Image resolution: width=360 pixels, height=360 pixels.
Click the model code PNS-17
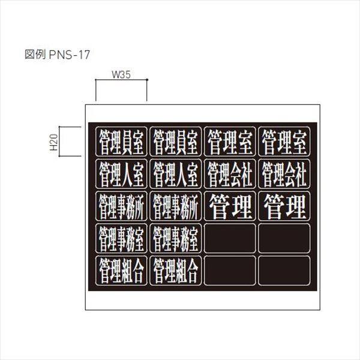click(x=70, y=55)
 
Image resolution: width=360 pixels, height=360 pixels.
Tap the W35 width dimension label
click(x=121, y=74)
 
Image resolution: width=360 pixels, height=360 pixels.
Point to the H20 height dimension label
click(x=54, y=142)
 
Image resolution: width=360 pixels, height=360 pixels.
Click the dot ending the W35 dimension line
click(x=147, y=80)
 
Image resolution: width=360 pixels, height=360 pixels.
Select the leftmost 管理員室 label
click(x=121, y=142)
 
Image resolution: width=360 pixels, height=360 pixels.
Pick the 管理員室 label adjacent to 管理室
click(x=175, y=142)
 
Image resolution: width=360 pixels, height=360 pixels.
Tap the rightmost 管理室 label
click(x=284, y=142)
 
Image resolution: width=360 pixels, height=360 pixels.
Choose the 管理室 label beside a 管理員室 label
click(x=230, y=142)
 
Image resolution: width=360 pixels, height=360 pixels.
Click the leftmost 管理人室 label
click(x=121, y=174)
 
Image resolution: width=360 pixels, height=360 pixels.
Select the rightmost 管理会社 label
click(x=284, y=174)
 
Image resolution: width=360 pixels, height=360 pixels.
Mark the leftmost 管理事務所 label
click(x=121, y=206)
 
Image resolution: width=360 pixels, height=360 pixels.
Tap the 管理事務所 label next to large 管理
click(x=175, y=206)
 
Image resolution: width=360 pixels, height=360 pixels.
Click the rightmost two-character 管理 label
click(x=284, y=206)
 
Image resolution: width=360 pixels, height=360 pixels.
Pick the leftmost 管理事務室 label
click(x=121, y=238)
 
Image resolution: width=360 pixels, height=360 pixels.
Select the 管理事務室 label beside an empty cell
click(x=175, y=238)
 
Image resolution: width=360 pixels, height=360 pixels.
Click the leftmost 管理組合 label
click(x=121, y=271)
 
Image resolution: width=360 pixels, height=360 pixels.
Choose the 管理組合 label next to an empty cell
click(x=175, y=271)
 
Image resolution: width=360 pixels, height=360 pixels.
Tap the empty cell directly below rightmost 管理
click(x=284, y=238)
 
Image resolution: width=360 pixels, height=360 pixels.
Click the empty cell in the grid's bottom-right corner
click(x=284, y=271)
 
